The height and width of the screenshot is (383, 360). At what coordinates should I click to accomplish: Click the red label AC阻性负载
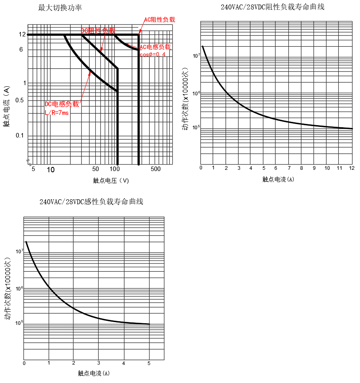pos(160,19)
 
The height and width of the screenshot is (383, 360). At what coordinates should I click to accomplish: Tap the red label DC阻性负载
pos(98,31)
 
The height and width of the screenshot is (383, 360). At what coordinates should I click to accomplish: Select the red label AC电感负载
pos(155,47)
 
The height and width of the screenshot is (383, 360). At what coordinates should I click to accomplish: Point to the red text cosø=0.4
pos(153,55)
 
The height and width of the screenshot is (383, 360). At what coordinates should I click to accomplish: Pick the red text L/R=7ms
pos(56,113)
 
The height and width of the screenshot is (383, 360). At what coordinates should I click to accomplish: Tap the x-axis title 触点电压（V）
pos(111,180)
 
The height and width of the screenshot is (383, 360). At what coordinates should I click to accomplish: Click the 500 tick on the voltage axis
pos(155,169)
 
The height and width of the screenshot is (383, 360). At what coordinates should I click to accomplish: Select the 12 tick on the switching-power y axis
pos(22,35)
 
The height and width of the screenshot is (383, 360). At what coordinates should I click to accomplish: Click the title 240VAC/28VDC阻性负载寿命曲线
pos(272,7)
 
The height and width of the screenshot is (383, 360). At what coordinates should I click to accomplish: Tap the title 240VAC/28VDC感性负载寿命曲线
pos(91,202)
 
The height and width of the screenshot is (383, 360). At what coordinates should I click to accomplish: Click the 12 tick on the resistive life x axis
pos(351,168)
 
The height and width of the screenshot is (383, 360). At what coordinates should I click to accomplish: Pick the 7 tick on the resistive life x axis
pos(289,168)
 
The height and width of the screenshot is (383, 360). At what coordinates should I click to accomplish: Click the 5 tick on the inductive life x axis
pos(149,363)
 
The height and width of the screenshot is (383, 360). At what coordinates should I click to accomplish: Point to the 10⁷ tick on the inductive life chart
pos(19,251)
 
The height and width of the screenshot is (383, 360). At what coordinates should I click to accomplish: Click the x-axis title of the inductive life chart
pos(94,373)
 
